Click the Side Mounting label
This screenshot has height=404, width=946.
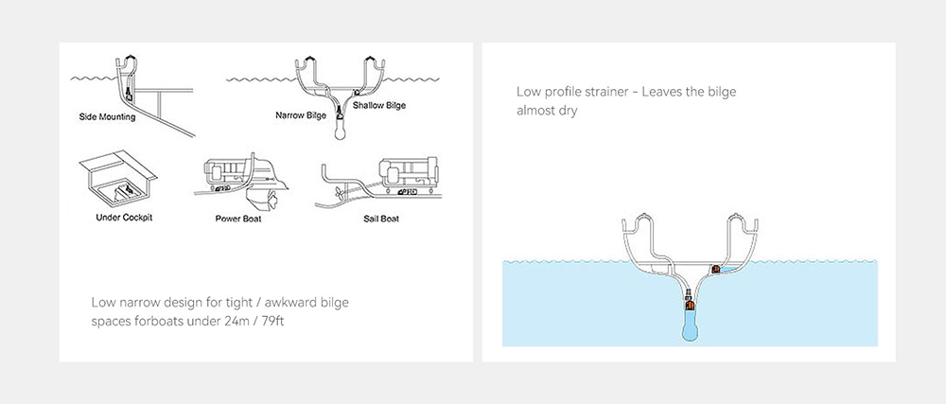coord(108,116)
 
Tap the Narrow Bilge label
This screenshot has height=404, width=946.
coord(301,114)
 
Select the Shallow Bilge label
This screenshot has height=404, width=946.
coord(379,106)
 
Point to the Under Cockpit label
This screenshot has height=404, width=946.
coord(124,217)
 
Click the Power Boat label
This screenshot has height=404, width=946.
coord(238,219)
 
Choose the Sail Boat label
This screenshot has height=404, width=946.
coord(381,219)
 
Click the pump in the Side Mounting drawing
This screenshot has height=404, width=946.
coord(130,94)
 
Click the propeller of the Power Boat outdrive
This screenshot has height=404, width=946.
coord(272,199)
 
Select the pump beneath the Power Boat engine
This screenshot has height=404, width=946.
coord(224,188)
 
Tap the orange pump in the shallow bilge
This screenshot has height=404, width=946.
coord(716,269)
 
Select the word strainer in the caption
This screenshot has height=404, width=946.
coord(608,93)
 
